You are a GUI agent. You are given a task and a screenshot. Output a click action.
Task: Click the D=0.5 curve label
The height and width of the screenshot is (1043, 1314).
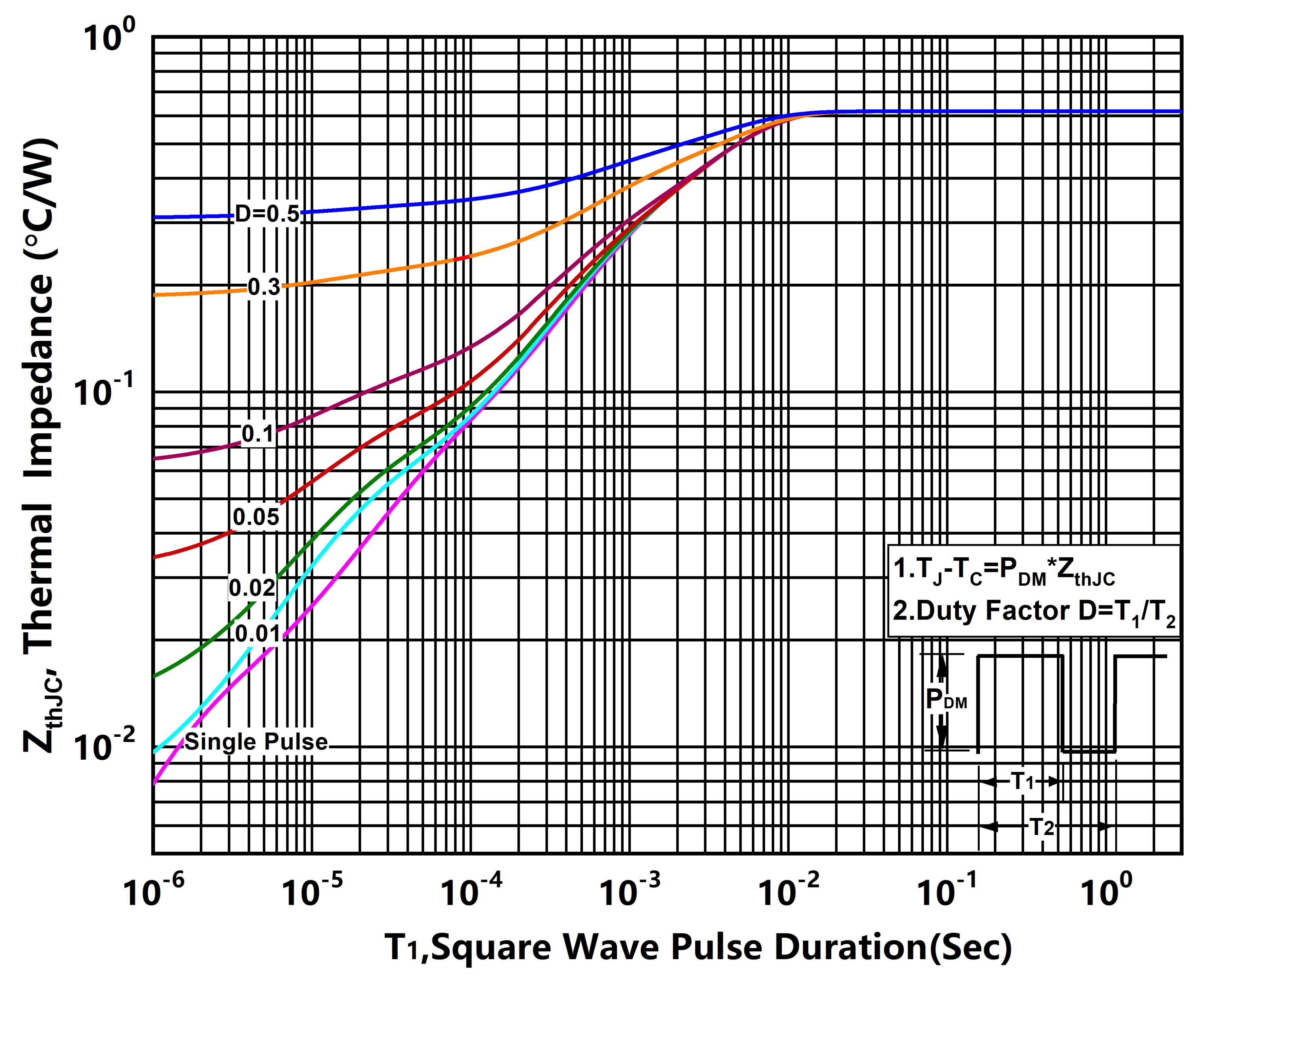(267, 214)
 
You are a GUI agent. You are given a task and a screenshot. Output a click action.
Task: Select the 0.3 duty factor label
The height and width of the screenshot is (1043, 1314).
(264, 287)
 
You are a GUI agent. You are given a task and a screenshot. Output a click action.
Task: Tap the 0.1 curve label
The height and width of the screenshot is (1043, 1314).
(258, 433)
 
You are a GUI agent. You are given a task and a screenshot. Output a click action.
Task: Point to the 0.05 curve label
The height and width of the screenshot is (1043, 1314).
(256, 517)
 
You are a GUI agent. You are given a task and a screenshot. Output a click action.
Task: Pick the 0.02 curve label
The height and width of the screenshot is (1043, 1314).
(252, 588)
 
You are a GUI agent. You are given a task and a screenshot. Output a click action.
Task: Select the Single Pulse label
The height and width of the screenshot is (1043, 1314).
(256, 742)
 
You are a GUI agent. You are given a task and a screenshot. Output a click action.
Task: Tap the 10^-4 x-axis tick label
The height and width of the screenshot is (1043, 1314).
(471, 891)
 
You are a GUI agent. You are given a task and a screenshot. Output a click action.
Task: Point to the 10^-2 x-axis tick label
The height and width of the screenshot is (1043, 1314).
(788, 891)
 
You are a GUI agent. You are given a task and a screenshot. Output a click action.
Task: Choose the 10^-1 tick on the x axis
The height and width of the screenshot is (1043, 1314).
(947, 891)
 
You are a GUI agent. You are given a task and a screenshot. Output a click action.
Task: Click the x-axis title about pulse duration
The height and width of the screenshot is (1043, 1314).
(698, 948)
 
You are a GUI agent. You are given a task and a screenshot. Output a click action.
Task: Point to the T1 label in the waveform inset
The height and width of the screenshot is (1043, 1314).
(1023, 781)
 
